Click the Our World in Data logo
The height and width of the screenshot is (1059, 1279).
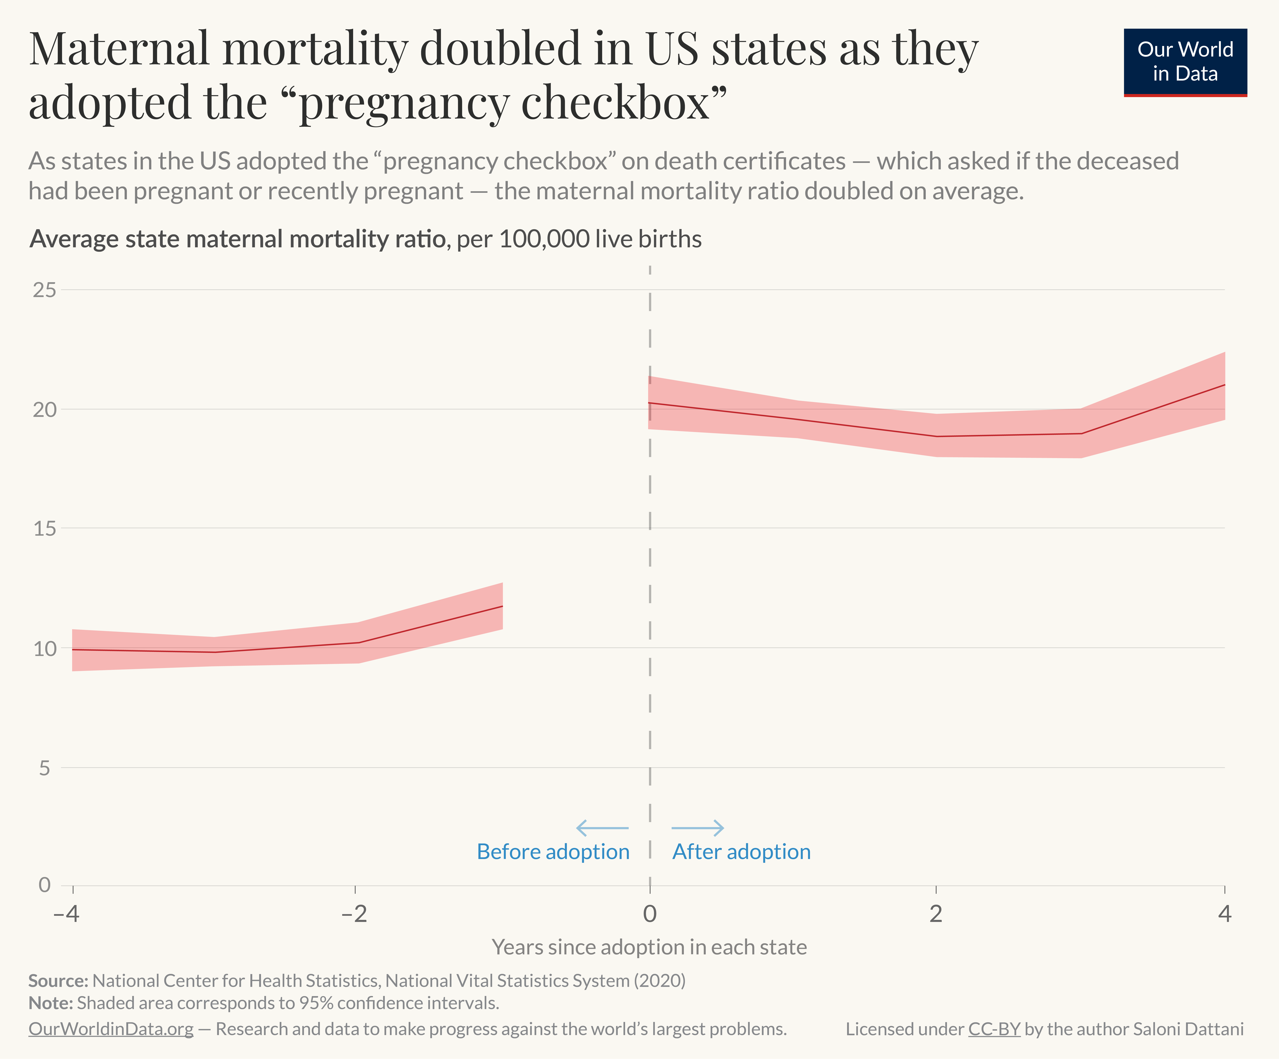point(1185,62)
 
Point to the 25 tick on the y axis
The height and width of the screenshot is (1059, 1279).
point(44,290)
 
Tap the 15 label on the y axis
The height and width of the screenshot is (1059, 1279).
point(44,529)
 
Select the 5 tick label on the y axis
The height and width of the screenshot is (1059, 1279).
point(44,768)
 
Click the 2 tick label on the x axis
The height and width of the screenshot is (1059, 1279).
point(935,913)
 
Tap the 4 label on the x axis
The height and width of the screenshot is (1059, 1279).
point(1224,913)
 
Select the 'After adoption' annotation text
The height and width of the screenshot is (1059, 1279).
point(741,851)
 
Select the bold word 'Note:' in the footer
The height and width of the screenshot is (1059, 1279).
point(51,1003)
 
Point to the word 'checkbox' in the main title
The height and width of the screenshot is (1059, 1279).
point(615,102)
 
